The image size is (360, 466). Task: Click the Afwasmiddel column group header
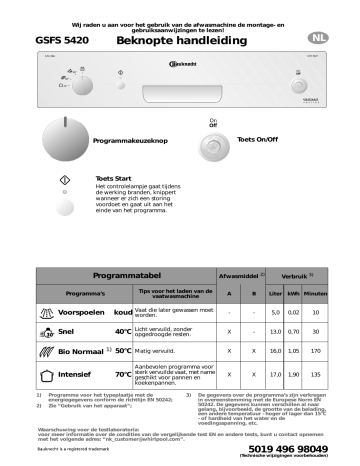[240, 245]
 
